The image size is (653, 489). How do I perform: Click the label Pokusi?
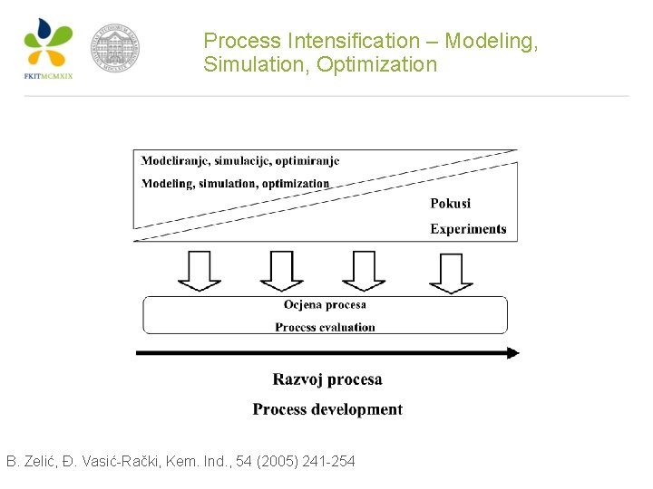[450, 204]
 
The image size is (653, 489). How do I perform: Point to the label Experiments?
[468, 229]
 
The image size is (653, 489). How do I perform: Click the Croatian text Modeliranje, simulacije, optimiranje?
[240, 161]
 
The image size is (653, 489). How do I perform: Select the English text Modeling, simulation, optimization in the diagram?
[235, 184]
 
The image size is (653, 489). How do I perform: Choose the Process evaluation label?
[325, 327]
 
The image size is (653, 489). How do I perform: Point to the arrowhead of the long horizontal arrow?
[512, 353]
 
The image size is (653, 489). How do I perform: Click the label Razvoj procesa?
[327, 379]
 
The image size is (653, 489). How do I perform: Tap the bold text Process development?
[327, 409]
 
